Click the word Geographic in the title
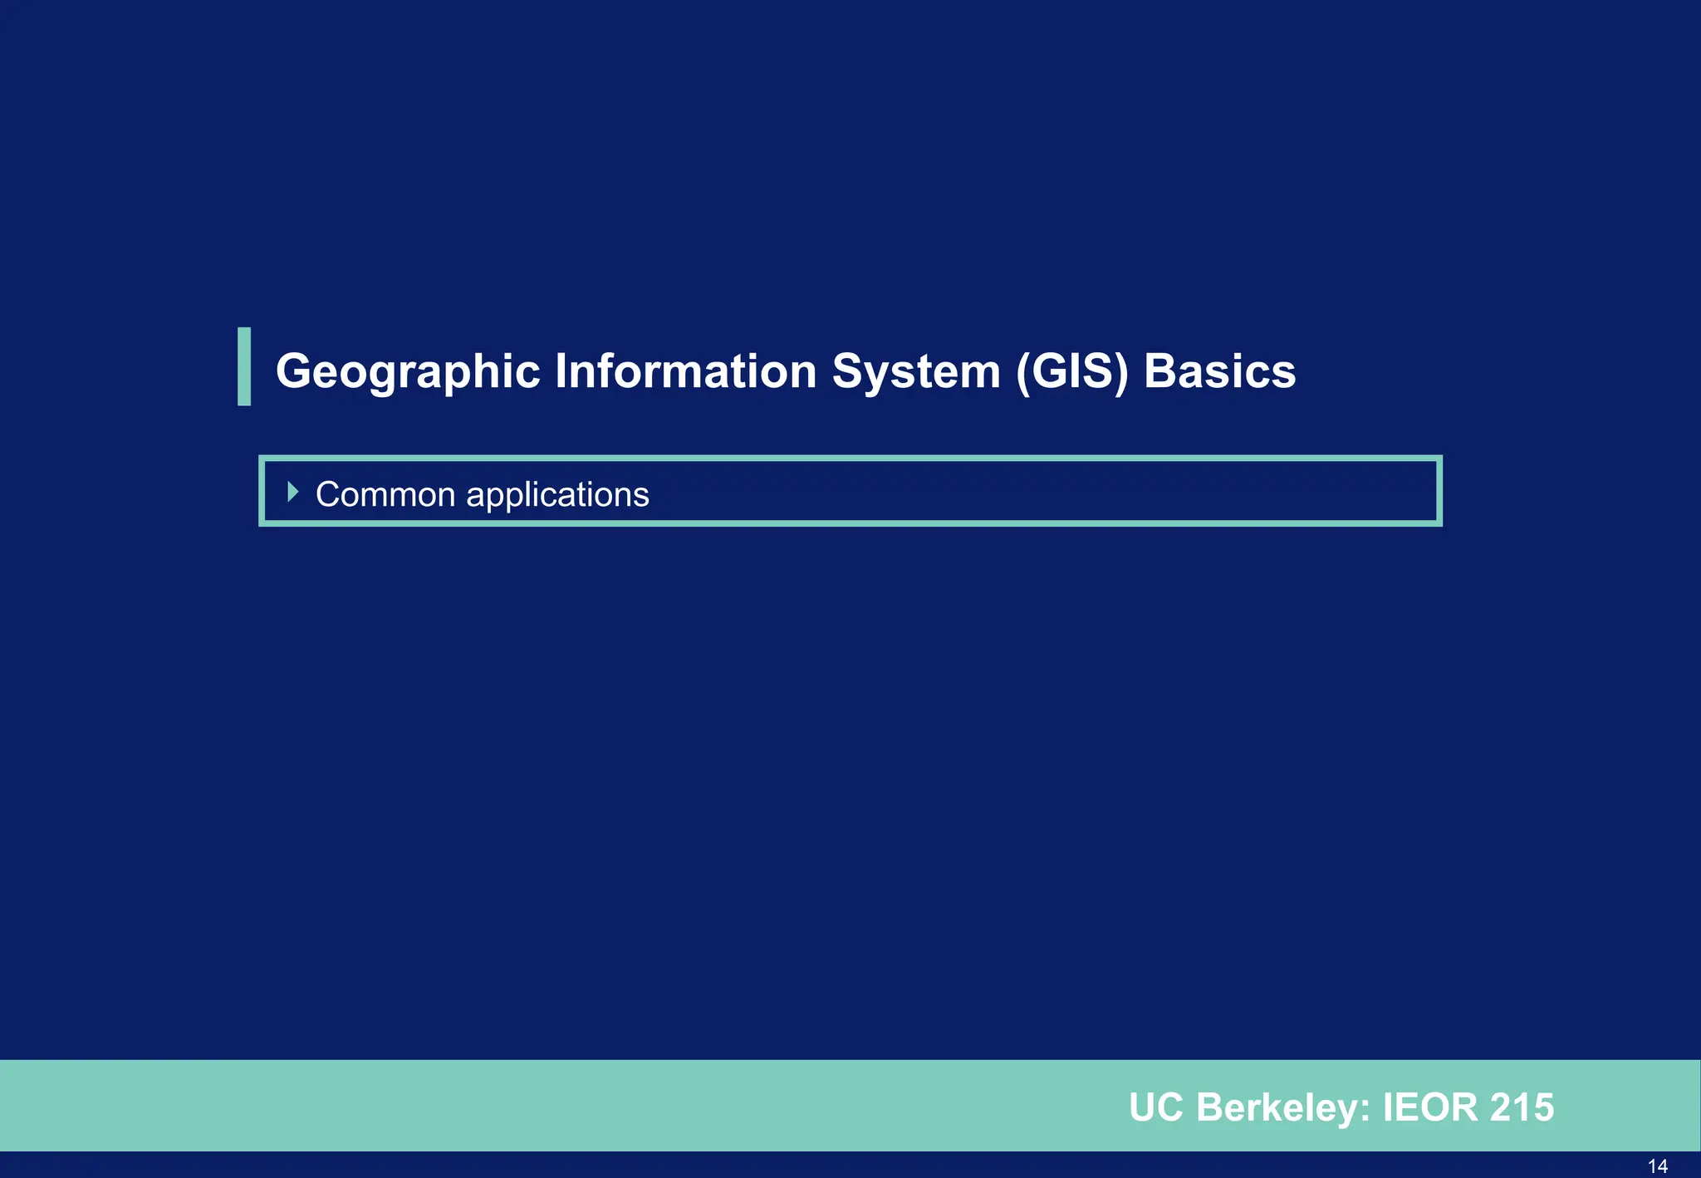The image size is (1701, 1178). pyautogui.click(x=408, y=371)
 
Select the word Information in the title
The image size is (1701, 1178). pyautogui.click(x=685, y=371)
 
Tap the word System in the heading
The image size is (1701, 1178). pyautogui.click(x=915, y=371)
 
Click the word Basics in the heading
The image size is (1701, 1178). pyautogui.click(x=1219, y=371)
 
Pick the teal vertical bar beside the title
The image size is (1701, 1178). pyautogui.click(x=244, y=366)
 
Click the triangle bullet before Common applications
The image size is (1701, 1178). pyautogui.click(x=292, y=492)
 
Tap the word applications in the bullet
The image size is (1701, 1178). pyautogui.click(x=557, y=495)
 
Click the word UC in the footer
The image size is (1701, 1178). pyautogui.click(x=1156, y=1107)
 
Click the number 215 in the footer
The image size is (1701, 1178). pyautogui.click(x=1522, y=1107)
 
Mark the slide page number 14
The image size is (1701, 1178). pyautogui.click(x=1657, y=1166)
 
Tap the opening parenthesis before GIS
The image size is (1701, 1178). pyautogui.click(x=1023, y=371)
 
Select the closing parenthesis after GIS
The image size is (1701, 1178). pyautogui.click(x=1122, y=371)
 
